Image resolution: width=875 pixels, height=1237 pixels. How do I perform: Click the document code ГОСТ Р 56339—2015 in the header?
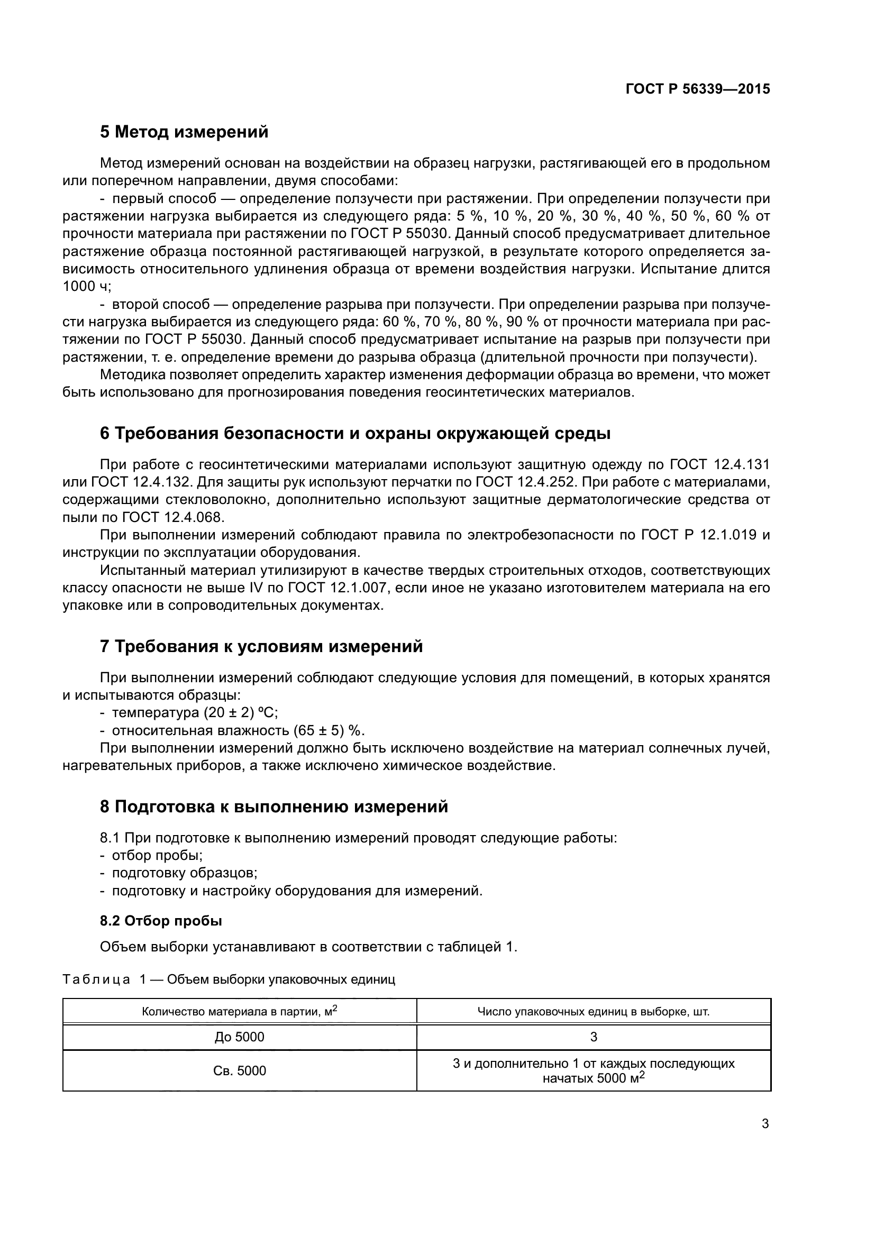[698, 89]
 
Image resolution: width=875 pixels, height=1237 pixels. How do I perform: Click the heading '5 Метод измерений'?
[184, 132]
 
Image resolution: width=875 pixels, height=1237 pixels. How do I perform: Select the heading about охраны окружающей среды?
[355, 433]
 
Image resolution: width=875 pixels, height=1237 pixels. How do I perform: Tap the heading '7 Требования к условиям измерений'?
[261, 646]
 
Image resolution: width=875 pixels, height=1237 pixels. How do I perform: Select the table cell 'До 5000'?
[239, 1037]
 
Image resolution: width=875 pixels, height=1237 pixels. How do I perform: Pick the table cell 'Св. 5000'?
[239, 1071]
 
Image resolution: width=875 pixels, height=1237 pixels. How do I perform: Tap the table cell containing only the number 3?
[593, 1037]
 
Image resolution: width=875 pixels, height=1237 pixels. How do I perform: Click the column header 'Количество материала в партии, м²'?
[239, 1011]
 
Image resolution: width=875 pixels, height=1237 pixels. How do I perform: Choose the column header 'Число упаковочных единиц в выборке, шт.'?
[593, 1012]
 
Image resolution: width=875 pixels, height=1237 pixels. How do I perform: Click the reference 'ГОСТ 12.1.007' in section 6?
[338, 588]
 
